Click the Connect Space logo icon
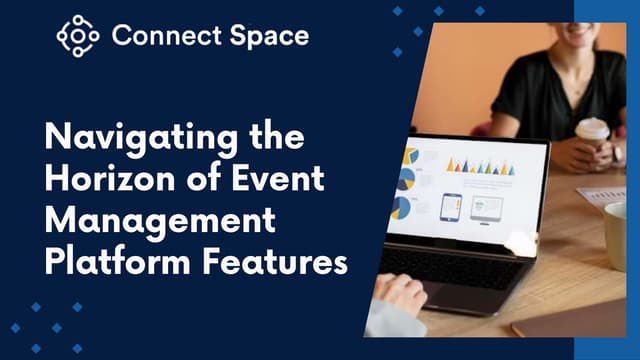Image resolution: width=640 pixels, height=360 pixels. click(x=78, y=36)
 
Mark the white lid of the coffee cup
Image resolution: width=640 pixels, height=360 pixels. click(x=593, y=127)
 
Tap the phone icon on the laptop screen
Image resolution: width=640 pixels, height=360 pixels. click(x=450, y=206)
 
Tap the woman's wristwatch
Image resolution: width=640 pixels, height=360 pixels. click(x=618, y=153)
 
